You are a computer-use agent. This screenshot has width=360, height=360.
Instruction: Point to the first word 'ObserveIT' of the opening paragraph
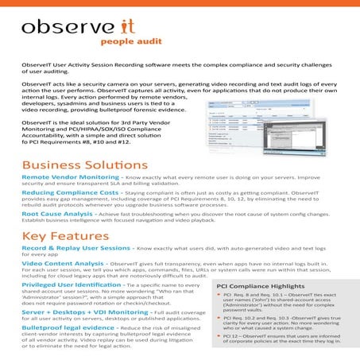tap(37, 66)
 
